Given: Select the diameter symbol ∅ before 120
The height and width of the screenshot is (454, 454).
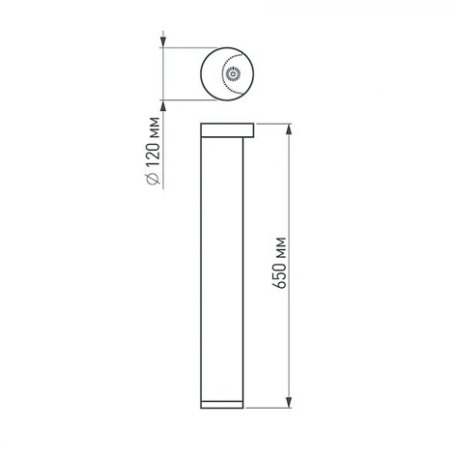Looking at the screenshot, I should (x=155, y=181).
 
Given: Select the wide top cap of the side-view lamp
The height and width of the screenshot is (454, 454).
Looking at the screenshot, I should (x=227, y=128).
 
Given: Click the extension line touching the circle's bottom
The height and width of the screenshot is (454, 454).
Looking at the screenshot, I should (x=188, y=99).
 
